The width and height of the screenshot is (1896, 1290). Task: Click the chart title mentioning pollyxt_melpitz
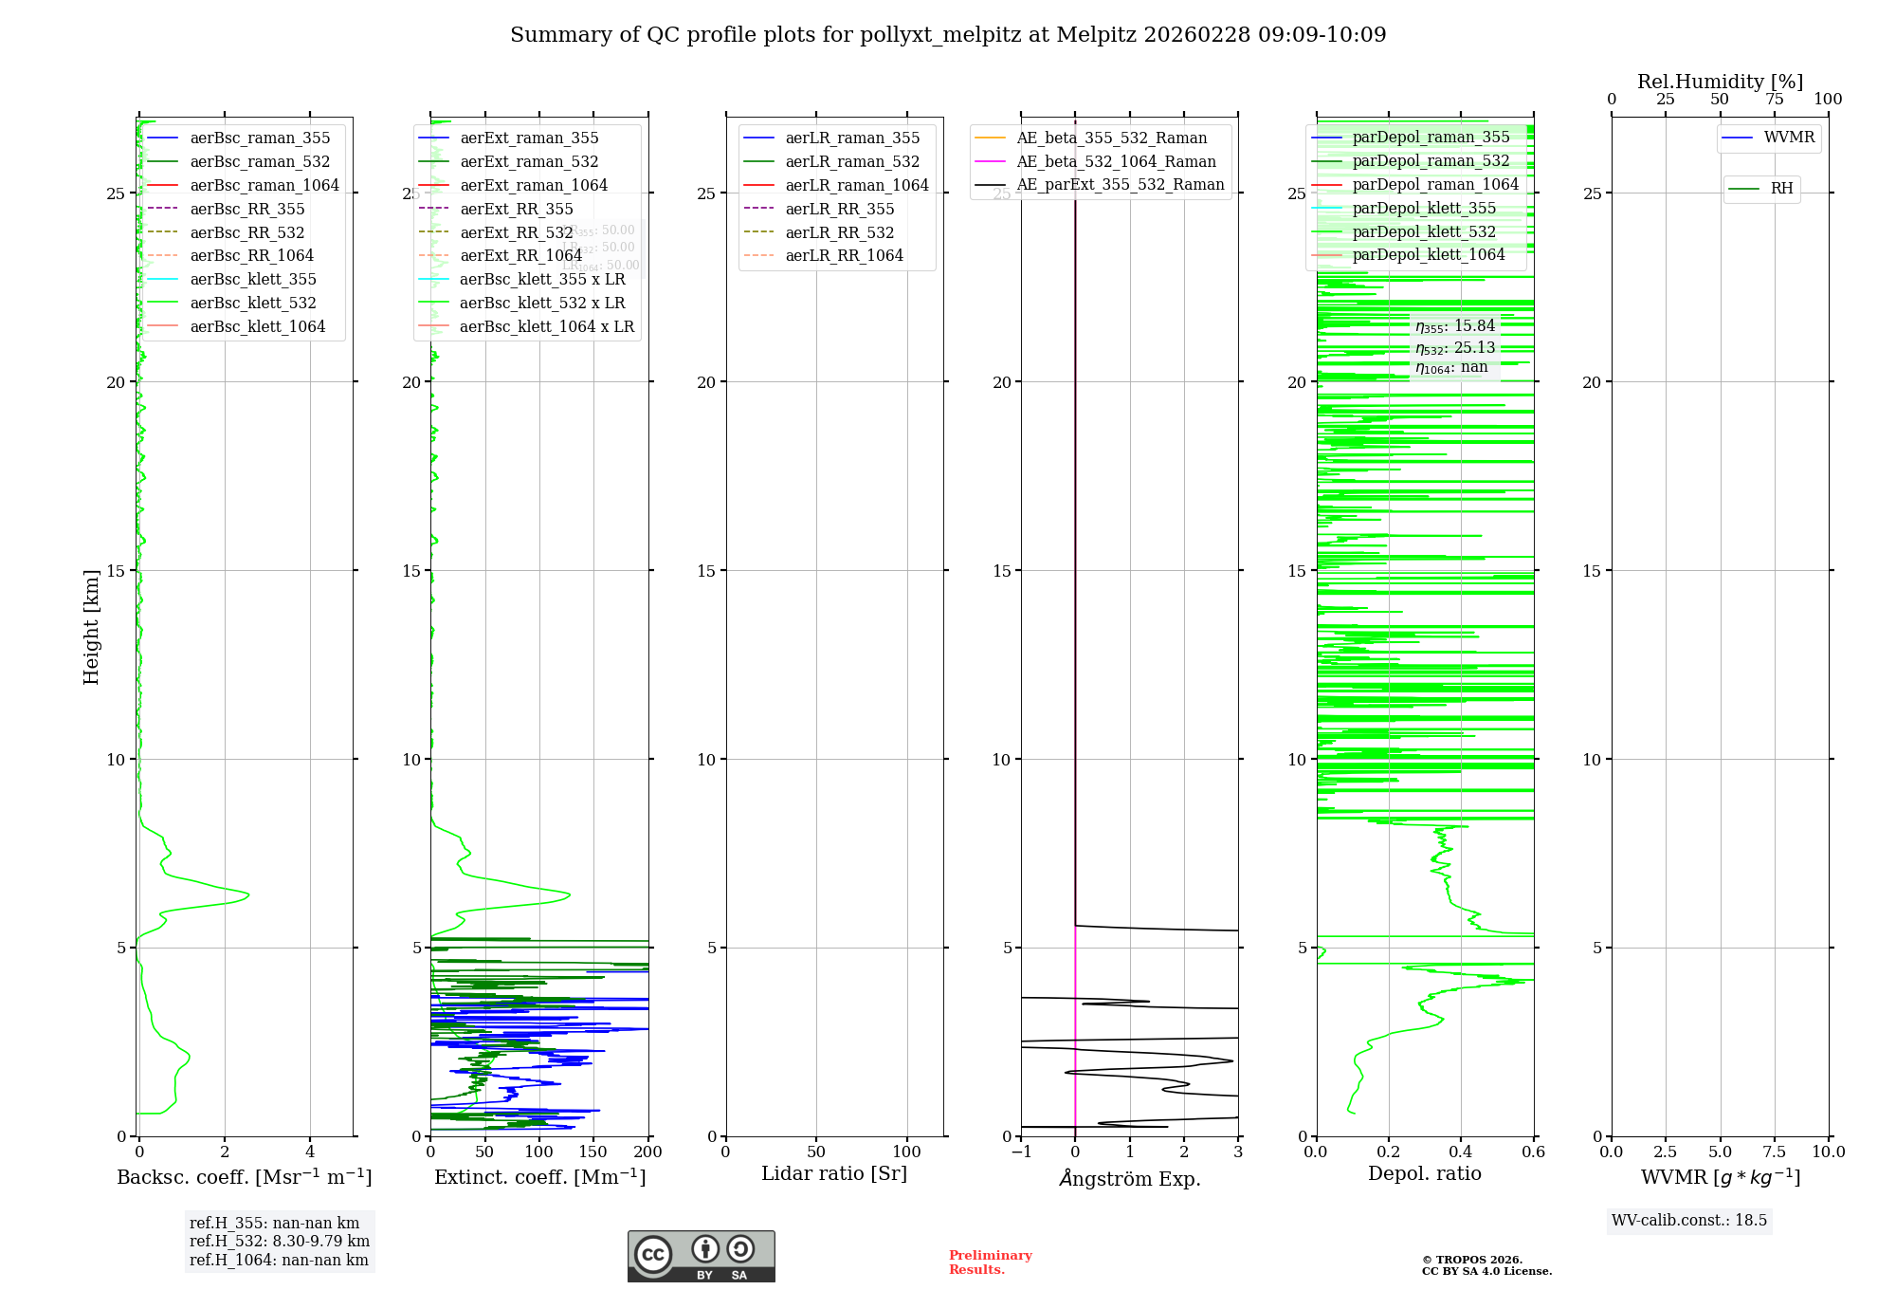pyautogui.click(x=948, y=35)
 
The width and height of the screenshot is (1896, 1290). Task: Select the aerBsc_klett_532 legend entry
pyautogui.click(x=253, y=304)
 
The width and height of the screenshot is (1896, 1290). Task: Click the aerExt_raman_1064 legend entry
pyautogui.click(x=534, y=186)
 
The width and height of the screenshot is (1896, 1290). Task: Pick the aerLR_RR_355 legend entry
pyautogui.click(x=839, y=210)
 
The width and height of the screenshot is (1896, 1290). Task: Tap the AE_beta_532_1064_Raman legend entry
pyautogui.click(x=1116, y=162)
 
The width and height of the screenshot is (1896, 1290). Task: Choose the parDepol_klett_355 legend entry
pyautogui.click(x=1424, y=209)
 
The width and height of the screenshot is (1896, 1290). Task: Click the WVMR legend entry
pyautogui.click(x=1789, y=138)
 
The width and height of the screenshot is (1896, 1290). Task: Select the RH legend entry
pyautogui.click(x=1781, y=189)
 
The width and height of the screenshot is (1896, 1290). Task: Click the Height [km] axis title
pyautogui.click(x=91, y=627)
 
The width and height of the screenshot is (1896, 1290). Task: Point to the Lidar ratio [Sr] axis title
pyautogui.click(x=834, y=1174)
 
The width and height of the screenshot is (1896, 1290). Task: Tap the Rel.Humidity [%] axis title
pyautogui.click(x=1720, y=83)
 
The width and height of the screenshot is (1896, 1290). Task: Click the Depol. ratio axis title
pyautogui.click(x=1424, y=1174)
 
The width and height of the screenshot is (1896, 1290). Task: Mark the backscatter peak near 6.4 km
pyautogui.click(x=248, y=894)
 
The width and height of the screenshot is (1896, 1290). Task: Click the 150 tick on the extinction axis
pyautogui.click(x=593, y=1152)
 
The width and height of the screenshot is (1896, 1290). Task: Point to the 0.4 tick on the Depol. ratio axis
pyautogui.click(x=1461, y=1152)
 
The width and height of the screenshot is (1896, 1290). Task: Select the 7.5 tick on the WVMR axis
pyautogui.click(x=1774, y=1152)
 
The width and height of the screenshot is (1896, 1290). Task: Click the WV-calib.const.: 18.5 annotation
pyautogui.click(x=1689, y=1221)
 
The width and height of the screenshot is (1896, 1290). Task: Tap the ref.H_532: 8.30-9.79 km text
pyautogui.click(x=280, y=1242)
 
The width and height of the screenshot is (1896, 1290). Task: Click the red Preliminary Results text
pyautogui.click(x=990, y=1262)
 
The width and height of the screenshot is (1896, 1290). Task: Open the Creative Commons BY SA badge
pyautogui.click(x=701, y=1257)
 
